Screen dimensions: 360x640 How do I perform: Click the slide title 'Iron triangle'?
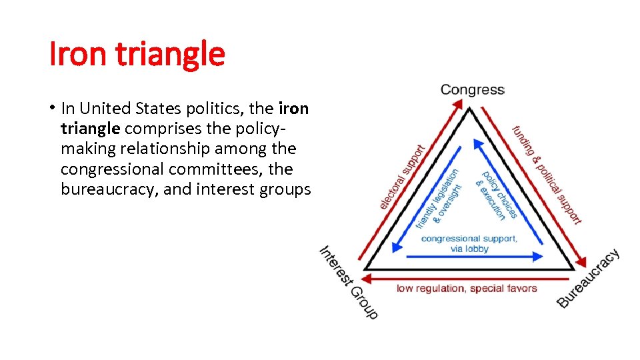pos(137,55)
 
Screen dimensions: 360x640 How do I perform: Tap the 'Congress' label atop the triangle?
pos(472,90)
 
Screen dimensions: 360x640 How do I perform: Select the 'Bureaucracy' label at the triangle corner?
pos(589,279)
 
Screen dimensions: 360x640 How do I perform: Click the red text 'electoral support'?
pos(402,177)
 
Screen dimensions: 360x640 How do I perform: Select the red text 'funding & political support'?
pos(547,174)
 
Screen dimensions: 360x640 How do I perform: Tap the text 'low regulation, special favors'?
pos(467,289)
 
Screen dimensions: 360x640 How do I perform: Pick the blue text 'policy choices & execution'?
pos(496,194)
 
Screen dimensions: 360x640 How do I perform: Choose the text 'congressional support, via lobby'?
pos(469,243)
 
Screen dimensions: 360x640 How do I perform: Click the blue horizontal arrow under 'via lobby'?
pos(474,256)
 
